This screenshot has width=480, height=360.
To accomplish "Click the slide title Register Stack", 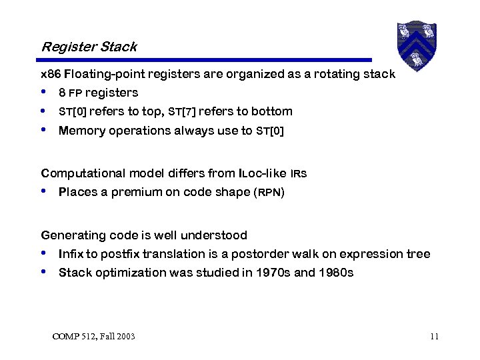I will pyautogui.click(x=89, y=47).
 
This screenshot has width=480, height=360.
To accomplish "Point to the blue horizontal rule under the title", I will pyautogui.click(x=207, y=60).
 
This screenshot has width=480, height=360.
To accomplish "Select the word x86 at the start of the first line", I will pyautogui.click(x=51, y=74).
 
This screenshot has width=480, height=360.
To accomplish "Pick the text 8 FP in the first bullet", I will pyautogui.click(x=70, y=93).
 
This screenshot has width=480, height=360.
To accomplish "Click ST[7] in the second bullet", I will pyautogui.click(x=182, y=111).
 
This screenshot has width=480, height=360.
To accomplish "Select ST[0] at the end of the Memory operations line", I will pyautogui.click(x=270, y=131).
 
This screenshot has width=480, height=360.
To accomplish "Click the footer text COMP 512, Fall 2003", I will pyautogui.click(x=93, y=336).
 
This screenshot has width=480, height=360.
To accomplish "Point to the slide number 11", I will pyautogui.click(x=434, y=336).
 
